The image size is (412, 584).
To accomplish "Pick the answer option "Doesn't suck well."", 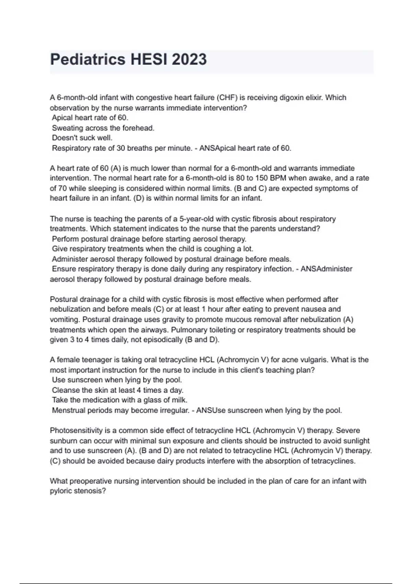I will pyautogui.click(x=82, y=138).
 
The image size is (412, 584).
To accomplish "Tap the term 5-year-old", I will pyautogui.click(x=194, y=219).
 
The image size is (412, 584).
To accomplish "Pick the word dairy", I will pyautogui.click(x=165, y=461).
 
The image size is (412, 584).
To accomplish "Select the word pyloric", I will pyautogui.click(x=61, y=491).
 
